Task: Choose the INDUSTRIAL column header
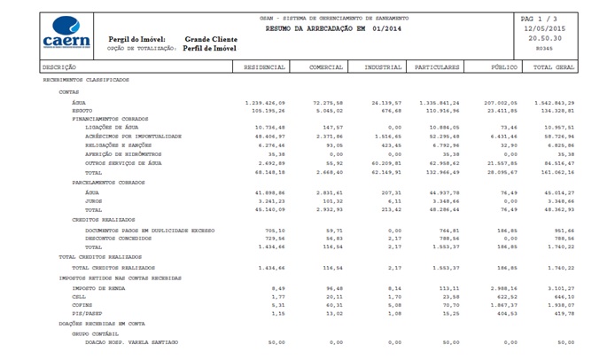pyautogui.click(x=382, y=67)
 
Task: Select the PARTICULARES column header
pyautogui.click(x=437, y=67)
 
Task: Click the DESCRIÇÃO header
pyautogui.click(x=59, y=67)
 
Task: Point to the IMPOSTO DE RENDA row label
pyautogui.click(x=97, y=287)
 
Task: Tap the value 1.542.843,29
pyautogui.click(x=555, y=103)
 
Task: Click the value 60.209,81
pyautogui.click(x=385, y=162)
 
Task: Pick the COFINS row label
pyautogui.click(x=83, y=303)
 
